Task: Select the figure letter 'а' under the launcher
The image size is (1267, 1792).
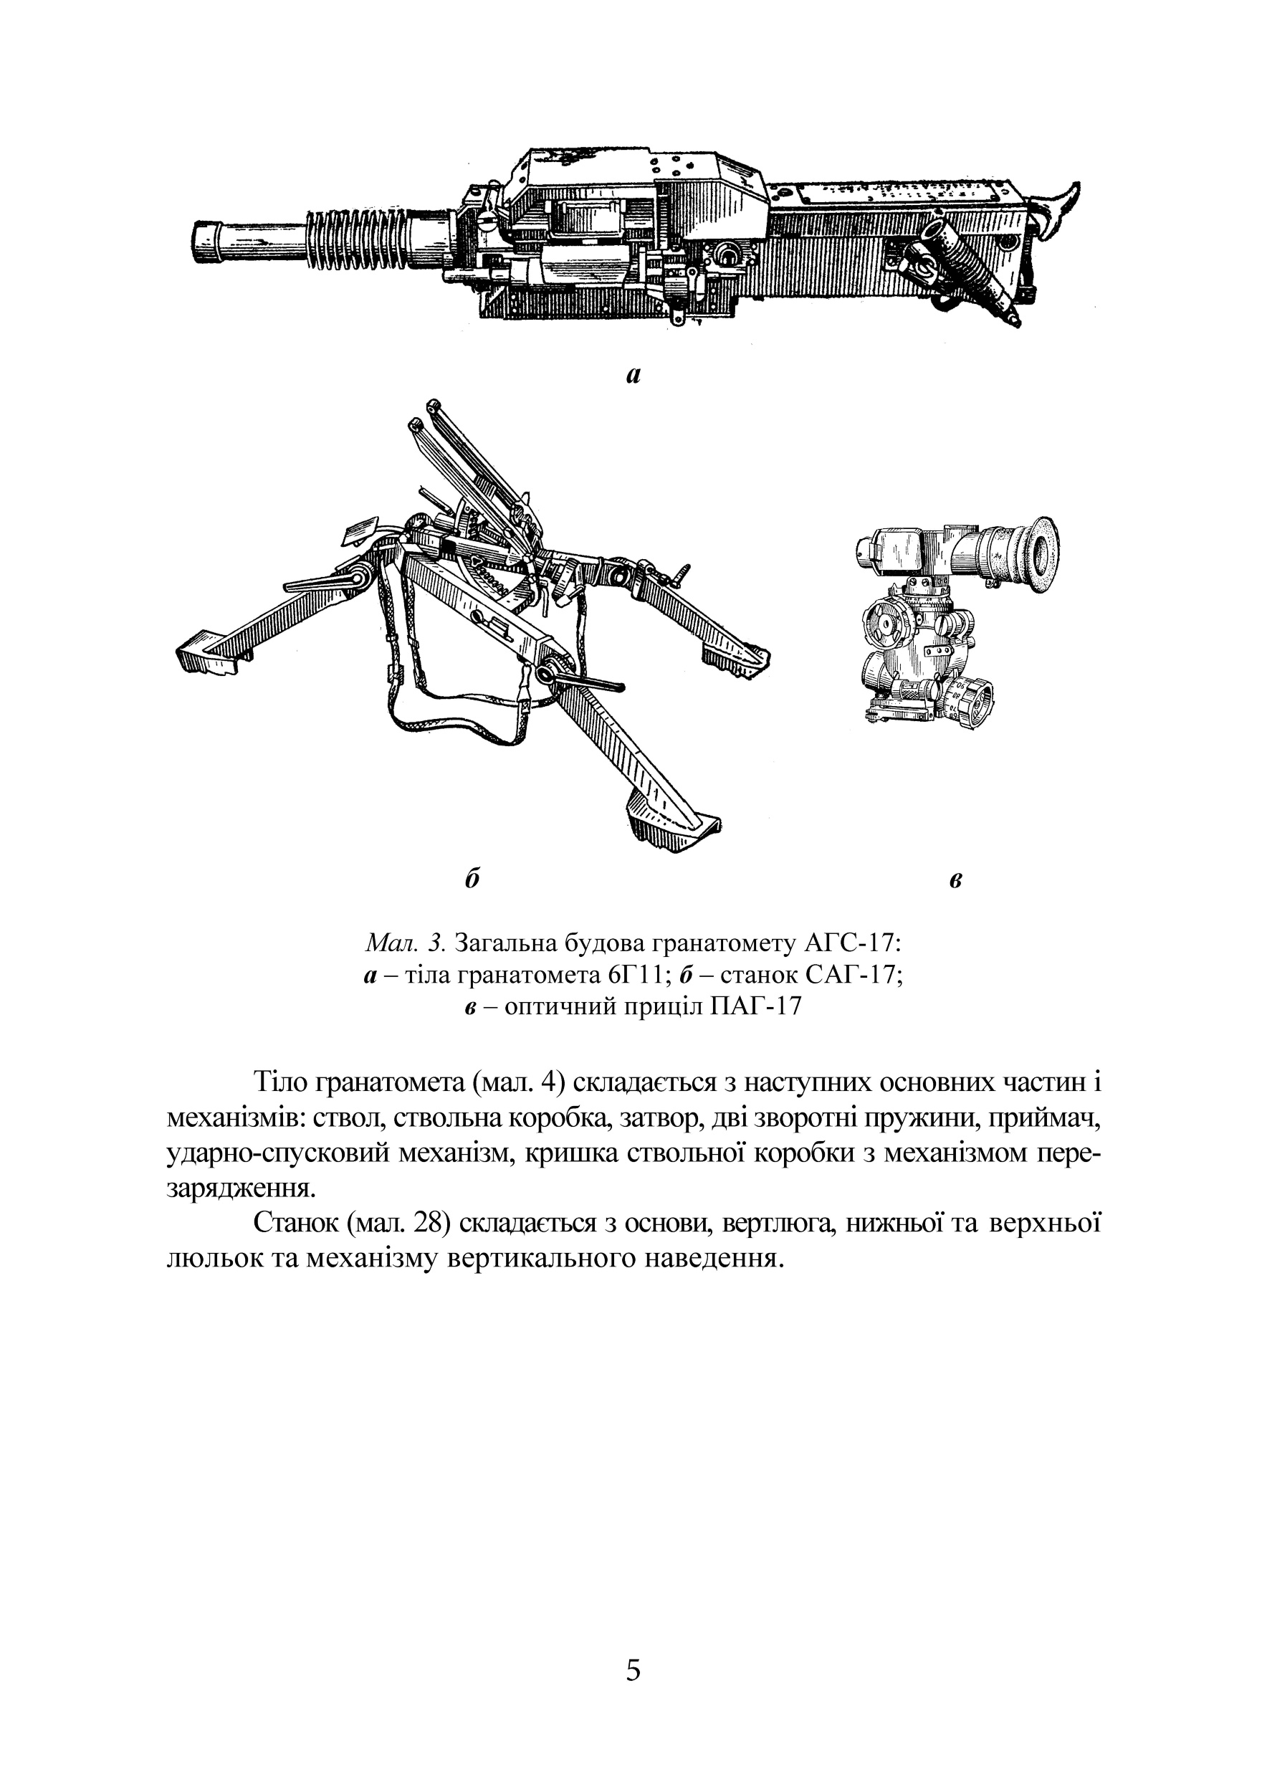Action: [x=633, y=376]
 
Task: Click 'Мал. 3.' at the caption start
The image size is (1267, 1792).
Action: [x=406, y=943]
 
